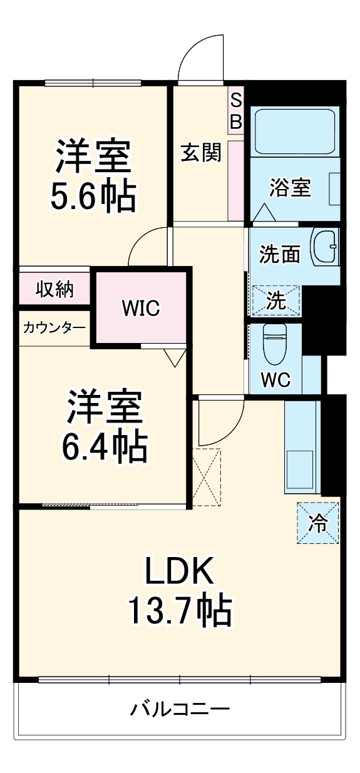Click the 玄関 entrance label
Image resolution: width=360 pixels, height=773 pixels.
(202, 153)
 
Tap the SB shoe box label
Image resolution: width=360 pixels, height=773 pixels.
(235, 111)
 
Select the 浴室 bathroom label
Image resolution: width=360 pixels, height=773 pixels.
(291, 187)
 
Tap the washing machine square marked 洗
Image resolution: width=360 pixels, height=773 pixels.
(276, 300)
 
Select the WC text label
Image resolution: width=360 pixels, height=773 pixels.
(275, 380)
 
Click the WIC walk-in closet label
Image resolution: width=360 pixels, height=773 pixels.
(141, 307)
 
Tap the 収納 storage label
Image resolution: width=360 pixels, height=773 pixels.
(54, 290)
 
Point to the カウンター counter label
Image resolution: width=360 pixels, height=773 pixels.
(54, 328)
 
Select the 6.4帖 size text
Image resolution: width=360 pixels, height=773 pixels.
(105, 446)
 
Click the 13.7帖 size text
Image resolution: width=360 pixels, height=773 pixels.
(180, 612)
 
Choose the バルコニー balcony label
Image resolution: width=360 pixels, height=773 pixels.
(180, 709)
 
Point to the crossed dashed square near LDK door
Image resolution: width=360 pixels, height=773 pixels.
(207, 477)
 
